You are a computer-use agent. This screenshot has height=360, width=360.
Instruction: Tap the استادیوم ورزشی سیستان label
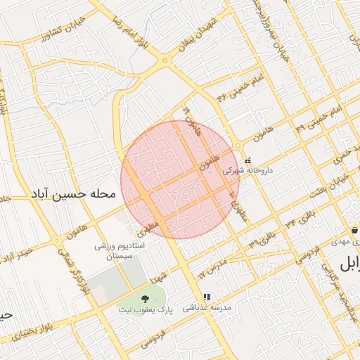[x=119, y=252]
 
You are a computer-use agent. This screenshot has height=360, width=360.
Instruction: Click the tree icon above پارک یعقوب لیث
[x=145, y=298]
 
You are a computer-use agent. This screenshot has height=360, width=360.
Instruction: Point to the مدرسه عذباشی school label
[x=206, y=308]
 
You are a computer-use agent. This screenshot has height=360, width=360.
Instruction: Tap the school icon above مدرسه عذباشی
[x=206, y=297]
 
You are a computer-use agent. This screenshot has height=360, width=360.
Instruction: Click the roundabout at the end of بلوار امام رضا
[x=165, y=60]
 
